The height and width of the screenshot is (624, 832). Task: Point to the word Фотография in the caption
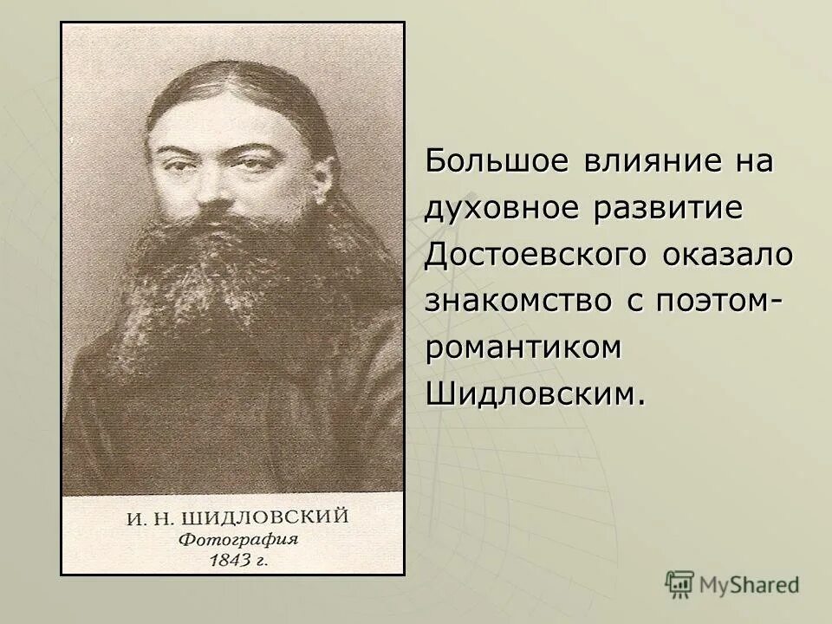pos(239,540)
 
